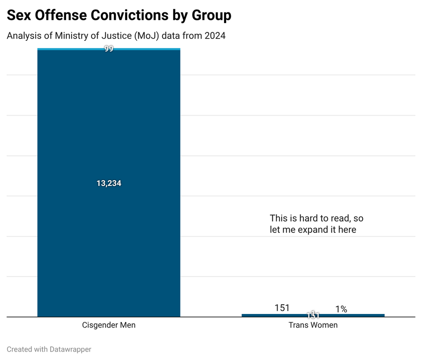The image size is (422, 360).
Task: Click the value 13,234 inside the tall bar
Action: pos(109,184)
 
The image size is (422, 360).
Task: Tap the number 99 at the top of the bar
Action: pos(109,49)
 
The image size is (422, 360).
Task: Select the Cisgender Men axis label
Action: pos(109,325)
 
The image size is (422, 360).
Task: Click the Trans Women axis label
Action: pos(313,325)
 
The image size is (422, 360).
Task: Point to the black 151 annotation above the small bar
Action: pos(282,308)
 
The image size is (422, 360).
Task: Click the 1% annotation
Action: pos(341,309)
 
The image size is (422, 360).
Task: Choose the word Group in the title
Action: pos(211,15)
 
